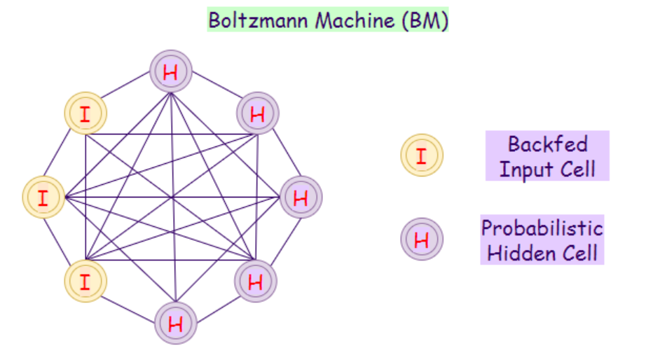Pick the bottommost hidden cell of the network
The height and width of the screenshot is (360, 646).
coord(175,324)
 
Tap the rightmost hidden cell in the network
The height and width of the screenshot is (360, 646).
coord(301,198)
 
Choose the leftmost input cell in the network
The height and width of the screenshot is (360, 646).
coord(43,197)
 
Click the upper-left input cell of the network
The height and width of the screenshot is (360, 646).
coord(85,113)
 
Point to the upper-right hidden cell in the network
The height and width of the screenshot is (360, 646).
coord(258,113)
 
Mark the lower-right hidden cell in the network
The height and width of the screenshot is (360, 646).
coord(256,282)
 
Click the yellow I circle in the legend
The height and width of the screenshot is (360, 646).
coord(421,155)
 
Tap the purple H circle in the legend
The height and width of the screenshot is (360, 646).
coord(421,240)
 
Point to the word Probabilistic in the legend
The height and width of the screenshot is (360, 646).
coord(542,228)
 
